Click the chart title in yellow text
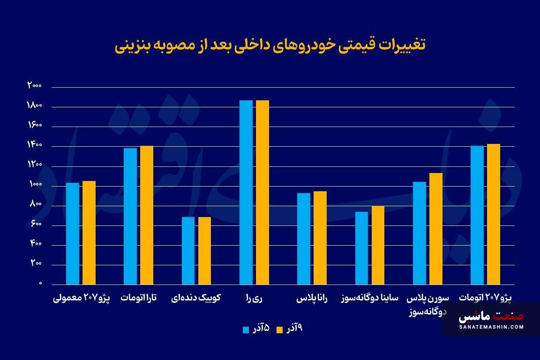coord(270,45)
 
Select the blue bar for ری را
coord(246,192)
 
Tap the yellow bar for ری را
coord(262,192)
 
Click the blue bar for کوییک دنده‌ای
coord(188,251)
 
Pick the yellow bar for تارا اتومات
coord(147,215)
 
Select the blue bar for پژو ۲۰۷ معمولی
coord(73,233)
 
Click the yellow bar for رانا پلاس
coord(320,238)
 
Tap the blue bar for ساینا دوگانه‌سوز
coord(361,248)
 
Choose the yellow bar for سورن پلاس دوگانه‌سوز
coord(435,229)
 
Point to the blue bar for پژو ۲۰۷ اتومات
coord(477,215)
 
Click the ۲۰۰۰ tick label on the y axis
coord(35,86)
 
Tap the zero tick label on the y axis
coord(40,284)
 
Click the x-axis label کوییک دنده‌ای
coord(196,298)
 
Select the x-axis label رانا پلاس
coord(312,298)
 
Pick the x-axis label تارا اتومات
coord(139,298)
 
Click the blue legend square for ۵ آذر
coord(246,330)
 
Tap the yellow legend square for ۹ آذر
coord(280,330)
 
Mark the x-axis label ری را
coord(254,298)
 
